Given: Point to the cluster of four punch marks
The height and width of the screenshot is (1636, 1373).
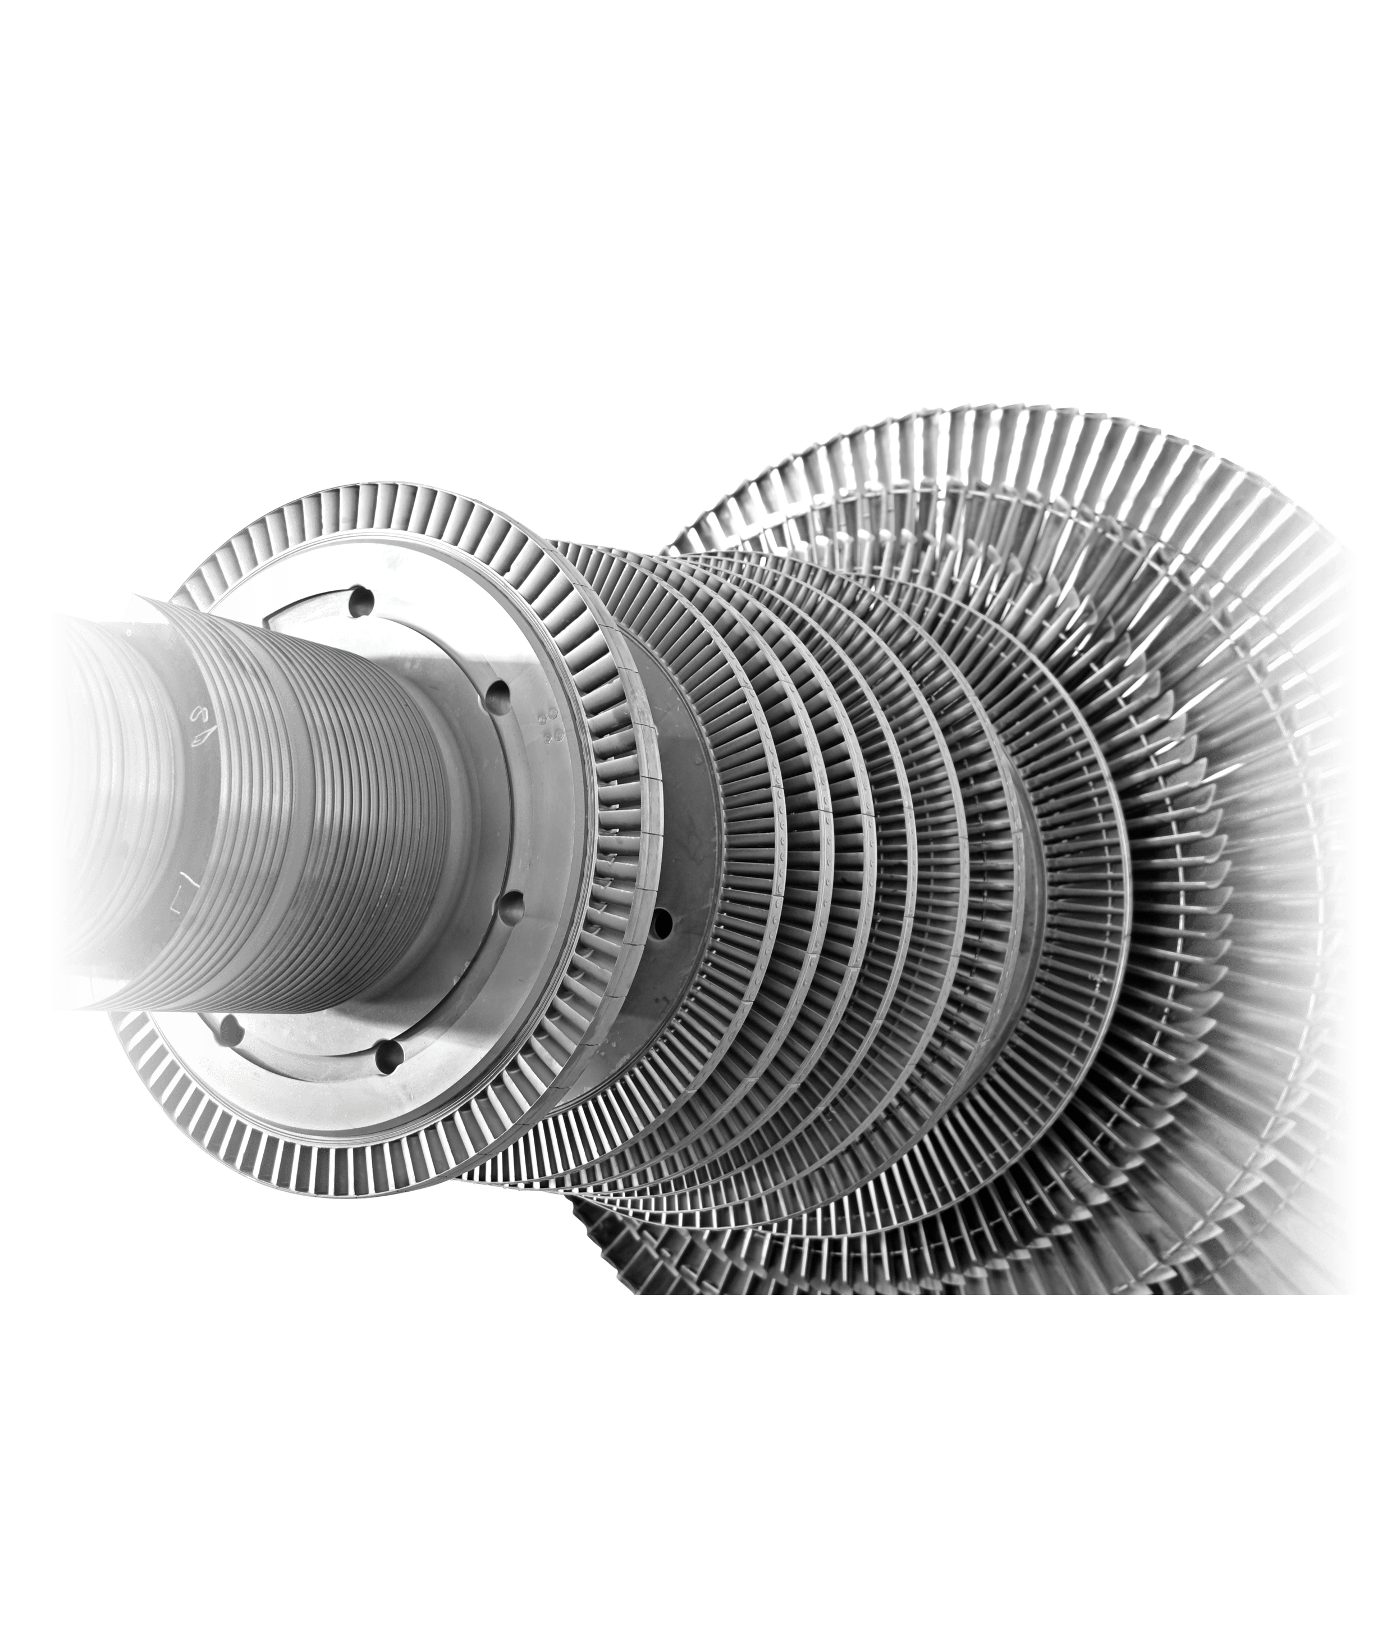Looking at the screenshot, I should point(551,721).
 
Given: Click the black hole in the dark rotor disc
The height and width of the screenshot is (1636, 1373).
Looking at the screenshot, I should point(663,922).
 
